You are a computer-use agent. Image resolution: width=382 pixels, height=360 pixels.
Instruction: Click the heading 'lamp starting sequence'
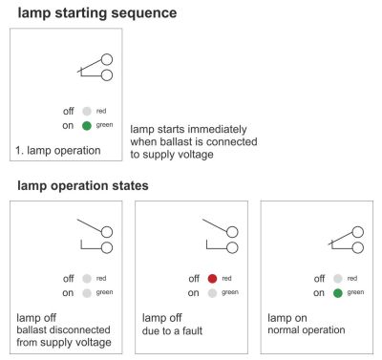pyautogui.click(x=97, y=13)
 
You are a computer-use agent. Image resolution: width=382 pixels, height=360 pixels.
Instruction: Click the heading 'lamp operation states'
pyautogui.click(x=83, y=186)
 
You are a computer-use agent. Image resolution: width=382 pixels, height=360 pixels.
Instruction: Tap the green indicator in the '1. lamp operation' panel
pyautogui.click(x=87, y=126)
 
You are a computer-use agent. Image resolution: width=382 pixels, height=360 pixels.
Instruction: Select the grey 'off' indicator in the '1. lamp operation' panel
pyautogui.click(x=87, y=111)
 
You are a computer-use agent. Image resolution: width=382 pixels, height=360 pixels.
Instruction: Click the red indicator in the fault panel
pyautogui.click(x=212, y=279)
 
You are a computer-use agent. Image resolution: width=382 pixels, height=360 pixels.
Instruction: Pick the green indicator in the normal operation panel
pyautogui.click(x=337, y=293)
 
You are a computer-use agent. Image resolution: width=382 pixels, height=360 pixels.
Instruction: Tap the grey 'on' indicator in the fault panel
pyautogui.click(x=212, y=293)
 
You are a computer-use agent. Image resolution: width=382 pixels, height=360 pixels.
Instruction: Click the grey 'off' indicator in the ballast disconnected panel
pyautogui.click(x=87, y=279)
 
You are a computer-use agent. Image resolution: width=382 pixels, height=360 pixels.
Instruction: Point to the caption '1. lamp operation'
pyautogui.click(x=58, y=151)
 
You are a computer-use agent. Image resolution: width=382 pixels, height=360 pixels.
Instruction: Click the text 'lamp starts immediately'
pyautogui.click(x=188, y=129)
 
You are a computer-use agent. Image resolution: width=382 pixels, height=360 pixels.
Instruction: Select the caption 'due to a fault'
pyautogui.click(x=172, y=330)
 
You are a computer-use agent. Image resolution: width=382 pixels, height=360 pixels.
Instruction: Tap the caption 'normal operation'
pyautogui.click(x=307, y=330)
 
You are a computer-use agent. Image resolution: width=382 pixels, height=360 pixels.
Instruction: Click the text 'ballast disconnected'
pyautogui.click(x=63, y=329)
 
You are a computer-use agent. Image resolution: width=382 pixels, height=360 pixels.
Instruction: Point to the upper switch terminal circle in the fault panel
pyautogui.click(x=233, y=232)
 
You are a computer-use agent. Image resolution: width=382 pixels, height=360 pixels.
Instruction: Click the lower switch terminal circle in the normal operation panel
pyautogui.click(x=358, y=247)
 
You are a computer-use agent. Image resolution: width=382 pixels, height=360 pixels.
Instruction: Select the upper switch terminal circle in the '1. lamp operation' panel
pyautogui.click(x=107, y=59)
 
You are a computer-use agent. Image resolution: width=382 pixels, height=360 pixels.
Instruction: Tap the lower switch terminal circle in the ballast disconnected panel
pyautogui.click(x=107, y=247)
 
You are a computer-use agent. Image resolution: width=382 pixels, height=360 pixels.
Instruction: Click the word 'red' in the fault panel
pyautogui.click(x=226, y=279)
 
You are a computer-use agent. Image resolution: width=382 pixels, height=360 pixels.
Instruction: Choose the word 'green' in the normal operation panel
pyautogui.click(x=355, y=292)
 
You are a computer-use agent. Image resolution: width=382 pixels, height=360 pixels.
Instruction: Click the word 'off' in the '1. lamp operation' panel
pyautogui.click(x=68, y=111)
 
